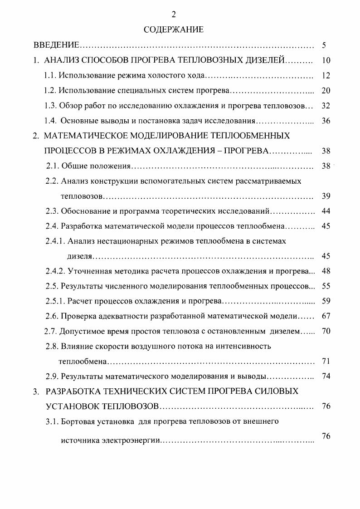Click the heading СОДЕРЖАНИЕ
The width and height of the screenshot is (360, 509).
click(174, 30)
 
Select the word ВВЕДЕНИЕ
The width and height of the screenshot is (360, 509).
click(57, 45)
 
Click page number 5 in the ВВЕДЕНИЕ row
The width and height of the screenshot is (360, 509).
click(324, 45)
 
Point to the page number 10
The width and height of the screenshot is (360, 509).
click(326, 60)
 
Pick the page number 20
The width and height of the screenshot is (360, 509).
click(326, 90)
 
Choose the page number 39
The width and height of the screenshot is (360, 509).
click(326, 196)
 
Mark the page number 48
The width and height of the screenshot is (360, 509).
click(326, 271)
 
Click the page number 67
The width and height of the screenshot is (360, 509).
click(326, 316)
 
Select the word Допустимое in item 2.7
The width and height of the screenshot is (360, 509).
click(80, 331)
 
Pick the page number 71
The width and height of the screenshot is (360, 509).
click(326, 361)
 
